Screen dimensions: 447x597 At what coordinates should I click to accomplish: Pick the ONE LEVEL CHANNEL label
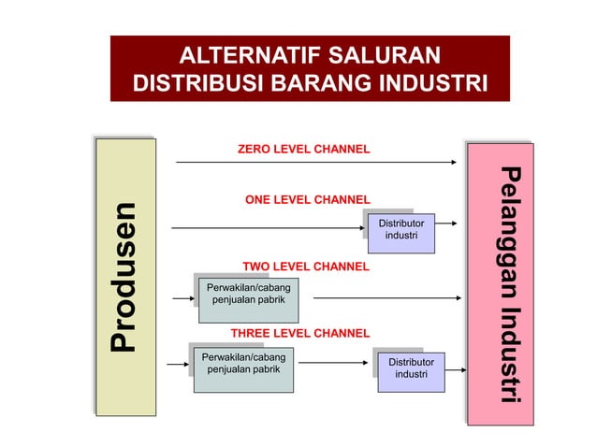click(x=307, y=199)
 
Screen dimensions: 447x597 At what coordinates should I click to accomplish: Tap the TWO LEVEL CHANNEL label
click(x=305, y=267)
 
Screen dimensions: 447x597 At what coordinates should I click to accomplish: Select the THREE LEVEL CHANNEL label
click(x=299, y=333)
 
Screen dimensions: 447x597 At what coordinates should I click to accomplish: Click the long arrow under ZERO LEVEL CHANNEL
click(x=318, y=163)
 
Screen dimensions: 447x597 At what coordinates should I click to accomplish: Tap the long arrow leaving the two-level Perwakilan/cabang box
click(x=386, y=299)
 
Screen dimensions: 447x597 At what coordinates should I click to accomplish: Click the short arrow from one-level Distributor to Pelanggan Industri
click(x=447, y=224)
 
